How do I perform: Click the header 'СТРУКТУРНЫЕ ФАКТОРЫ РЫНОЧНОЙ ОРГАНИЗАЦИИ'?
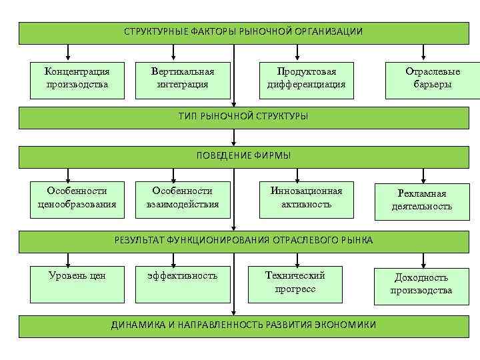pyautogui.click(x=243, y=32)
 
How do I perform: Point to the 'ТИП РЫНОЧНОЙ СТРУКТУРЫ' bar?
pyautogui.click(x=243, y=117)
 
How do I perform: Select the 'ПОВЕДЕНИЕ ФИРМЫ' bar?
pyautogui.click(x=243, y=156)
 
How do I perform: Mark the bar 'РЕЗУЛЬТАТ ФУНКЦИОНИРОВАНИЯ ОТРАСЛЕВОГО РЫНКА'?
pyautogui.click(x=243, y=241)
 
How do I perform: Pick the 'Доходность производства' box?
pyautogui.click(x=421, y=285)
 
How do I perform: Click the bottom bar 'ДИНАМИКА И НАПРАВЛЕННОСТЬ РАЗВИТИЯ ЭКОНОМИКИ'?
pyautogui.click(x=243, y=325)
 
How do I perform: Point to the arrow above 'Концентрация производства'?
pyautogui.click(x=67, y=52)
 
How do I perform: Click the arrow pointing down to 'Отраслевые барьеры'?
pyautogui.click(x=423, y=52)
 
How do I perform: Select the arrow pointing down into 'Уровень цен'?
pyautogui.click(x=67, y=259)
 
